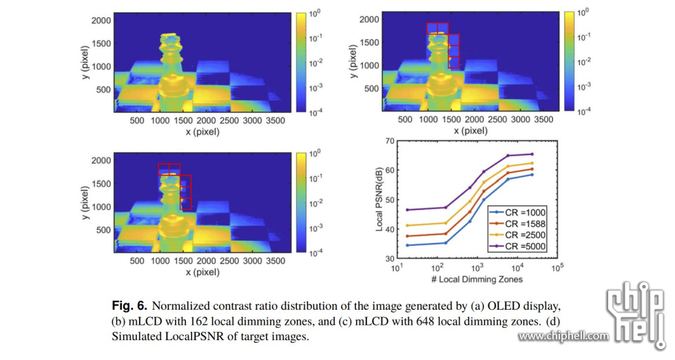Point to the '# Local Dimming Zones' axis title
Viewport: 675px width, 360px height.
point(477,279)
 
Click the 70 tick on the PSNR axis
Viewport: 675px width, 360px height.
point(389,140)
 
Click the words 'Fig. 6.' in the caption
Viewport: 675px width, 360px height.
point(129,305)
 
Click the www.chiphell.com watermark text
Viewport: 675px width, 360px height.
point(563,337)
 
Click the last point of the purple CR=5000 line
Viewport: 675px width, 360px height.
point(532,154)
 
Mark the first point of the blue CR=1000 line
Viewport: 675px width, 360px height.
point(407,245)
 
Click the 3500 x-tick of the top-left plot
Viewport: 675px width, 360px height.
point(268,119)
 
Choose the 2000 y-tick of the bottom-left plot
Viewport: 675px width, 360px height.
point(101,160)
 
